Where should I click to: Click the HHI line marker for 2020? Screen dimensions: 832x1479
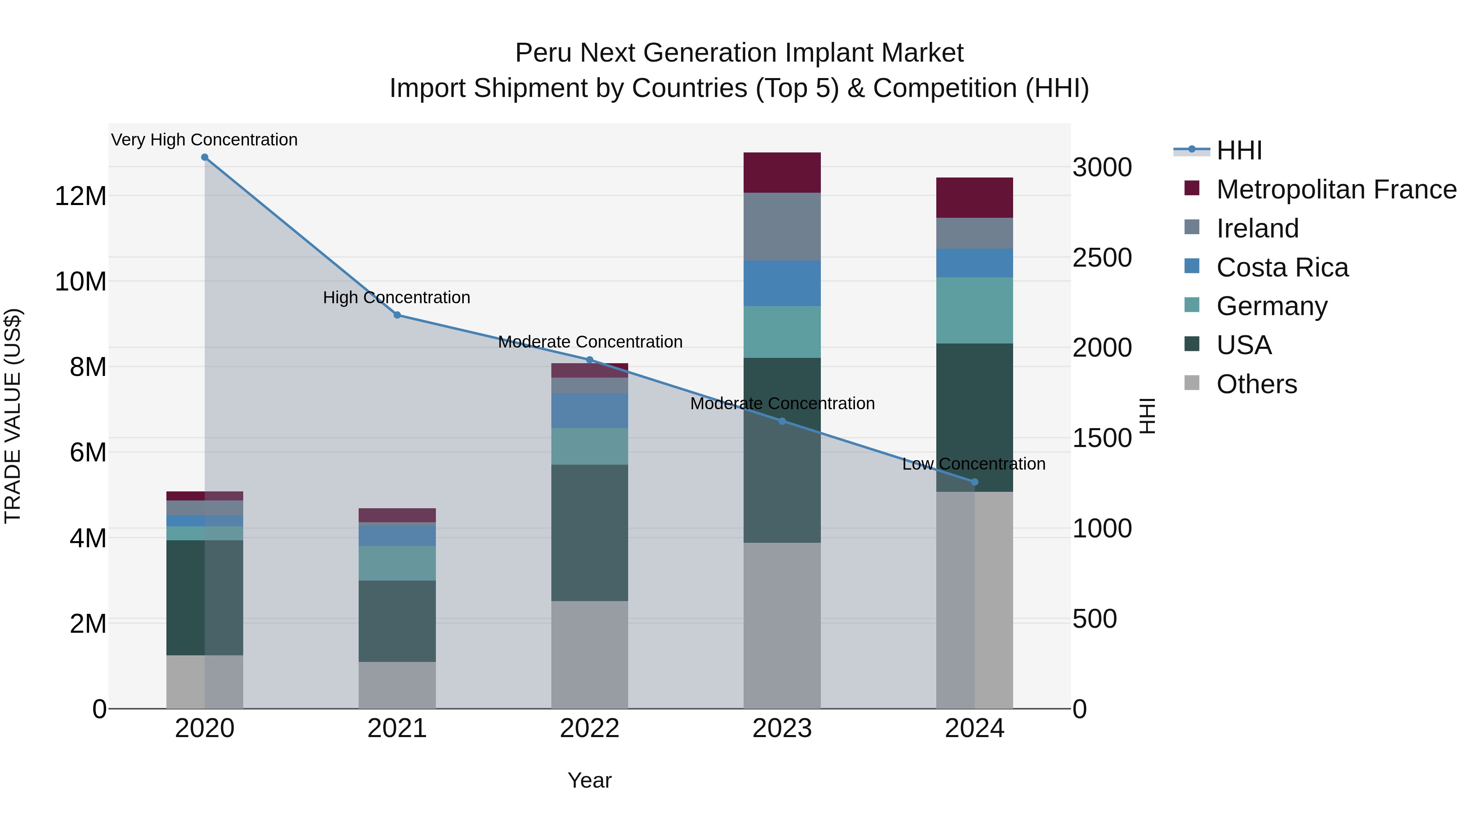point(205,157)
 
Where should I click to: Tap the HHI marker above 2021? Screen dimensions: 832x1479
point(397,315)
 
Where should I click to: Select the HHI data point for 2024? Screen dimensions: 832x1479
point(974,482)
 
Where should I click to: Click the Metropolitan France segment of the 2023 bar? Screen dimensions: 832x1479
point(782,173)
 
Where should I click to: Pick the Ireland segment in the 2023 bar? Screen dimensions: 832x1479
point(782,227)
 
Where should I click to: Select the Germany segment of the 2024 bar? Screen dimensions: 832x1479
point(974,311)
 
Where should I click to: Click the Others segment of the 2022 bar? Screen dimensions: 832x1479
point(589,655)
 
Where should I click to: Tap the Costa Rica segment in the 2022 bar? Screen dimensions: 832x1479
point(589,410)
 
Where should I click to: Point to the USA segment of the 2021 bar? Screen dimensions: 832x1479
point(397,621)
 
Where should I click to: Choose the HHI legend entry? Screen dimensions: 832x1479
point(1239,150)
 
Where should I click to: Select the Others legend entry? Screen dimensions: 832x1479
point(1256,384)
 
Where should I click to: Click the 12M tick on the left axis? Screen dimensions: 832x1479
point(81,196)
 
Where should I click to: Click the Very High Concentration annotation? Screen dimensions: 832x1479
point(205,140)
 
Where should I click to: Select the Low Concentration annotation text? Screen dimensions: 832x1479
point(974,464)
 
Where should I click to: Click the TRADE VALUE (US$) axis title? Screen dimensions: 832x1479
point(13,416)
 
